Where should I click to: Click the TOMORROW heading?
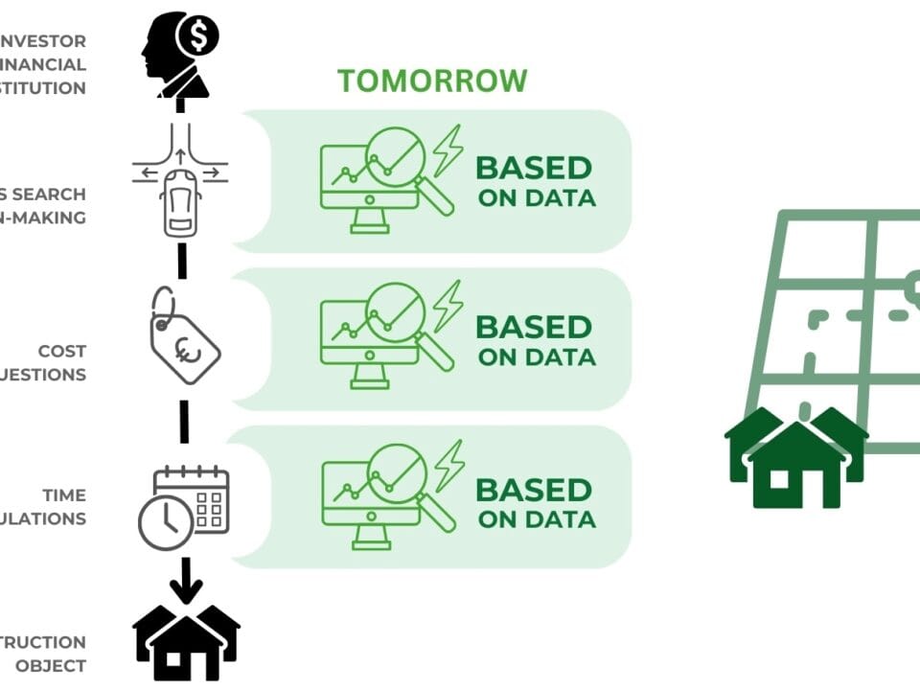coord(431,80)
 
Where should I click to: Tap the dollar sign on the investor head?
coord(199,37)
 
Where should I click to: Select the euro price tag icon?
coord(185,341)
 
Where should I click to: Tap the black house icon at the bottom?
coord(186,641)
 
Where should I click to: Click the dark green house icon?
coord(795,458)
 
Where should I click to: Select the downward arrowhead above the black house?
coord(186,586)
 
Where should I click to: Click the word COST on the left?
coord(61,352)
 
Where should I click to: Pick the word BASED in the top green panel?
coord(534,168)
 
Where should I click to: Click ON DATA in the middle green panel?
coord(537,357)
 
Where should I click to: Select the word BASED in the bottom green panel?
coord(534,490)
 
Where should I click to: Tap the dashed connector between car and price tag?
coord(182,261)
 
